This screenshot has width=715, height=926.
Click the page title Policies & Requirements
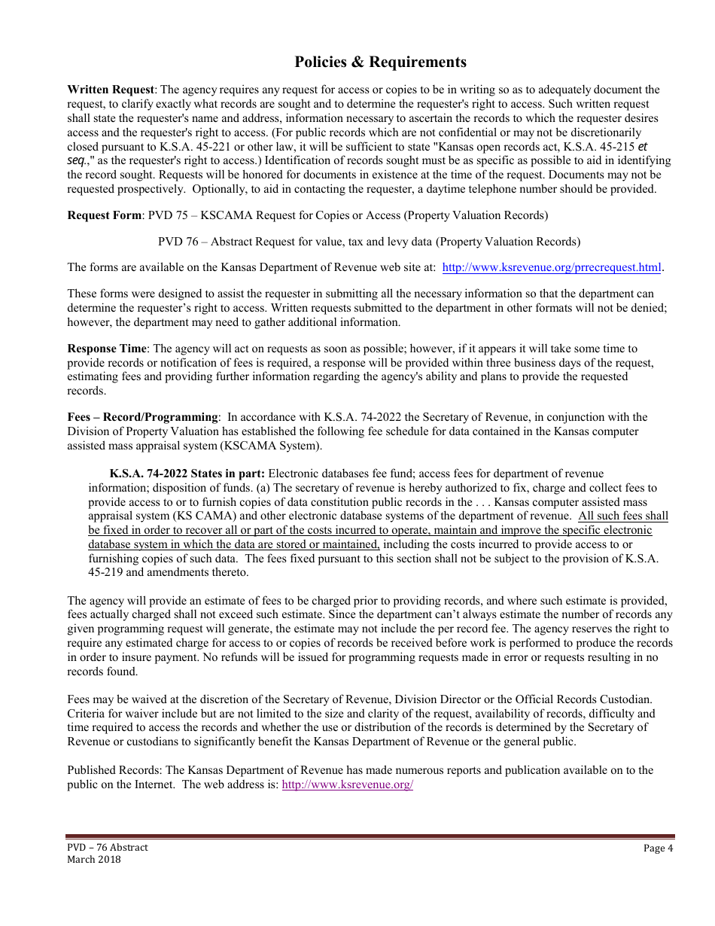pyautogui.click(x=380, y=62)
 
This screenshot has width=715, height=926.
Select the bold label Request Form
pyautogui.click(x=104, y=215)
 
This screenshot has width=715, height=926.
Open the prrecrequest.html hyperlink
pyautogui.click(x=552, y=267)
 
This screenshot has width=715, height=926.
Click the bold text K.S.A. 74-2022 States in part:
pyautogui.click(x=187, y=474)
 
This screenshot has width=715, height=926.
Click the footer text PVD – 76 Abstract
pyautogui.click(x=108, y=848)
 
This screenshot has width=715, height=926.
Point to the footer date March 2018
pyautogui.click(x=94, y=860)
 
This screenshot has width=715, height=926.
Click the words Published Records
pyautogui.click(x=114, y=770)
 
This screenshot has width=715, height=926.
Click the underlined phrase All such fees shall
pyautogui.click(x=622, y=516)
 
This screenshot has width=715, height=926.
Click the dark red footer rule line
pyautogui.click(x=370, y=836)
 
